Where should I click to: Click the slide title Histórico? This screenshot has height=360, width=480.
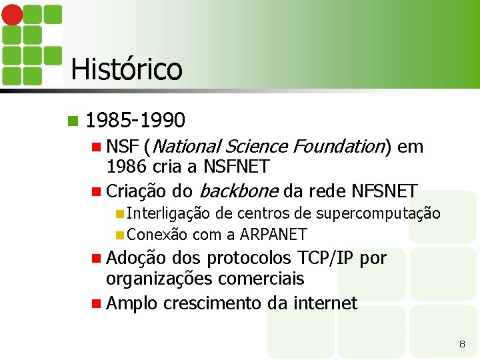coord(126,69)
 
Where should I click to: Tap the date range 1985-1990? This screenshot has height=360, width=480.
coord(135,121)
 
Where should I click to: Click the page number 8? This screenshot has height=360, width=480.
coord(462,344)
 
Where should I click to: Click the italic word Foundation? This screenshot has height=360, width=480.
coord(340,146)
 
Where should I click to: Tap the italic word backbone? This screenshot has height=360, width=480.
coord(238,191)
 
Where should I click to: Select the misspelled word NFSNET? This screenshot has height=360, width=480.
coord(383,191)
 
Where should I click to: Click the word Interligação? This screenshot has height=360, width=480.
coord(168,213)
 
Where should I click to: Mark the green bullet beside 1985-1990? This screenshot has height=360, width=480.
coord(73,121)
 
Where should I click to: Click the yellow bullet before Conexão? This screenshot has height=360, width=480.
coord(119,235)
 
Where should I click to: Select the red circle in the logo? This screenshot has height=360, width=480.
coord(11,15)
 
